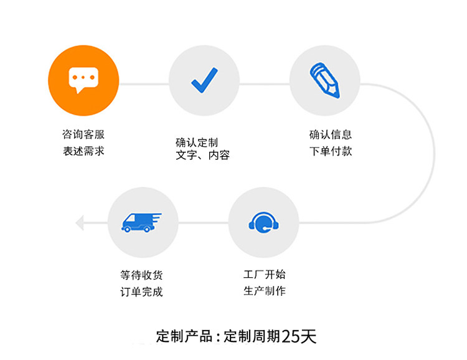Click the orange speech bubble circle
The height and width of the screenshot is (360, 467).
83,80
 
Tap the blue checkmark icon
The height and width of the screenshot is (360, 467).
204,80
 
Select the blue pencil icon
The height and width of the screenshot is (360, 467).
325,80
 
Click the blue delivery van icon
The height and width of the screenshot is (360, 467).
141,222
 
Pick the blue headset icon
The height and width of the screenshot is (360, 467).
263,222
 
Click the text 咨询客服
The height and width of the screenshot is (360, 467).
83,135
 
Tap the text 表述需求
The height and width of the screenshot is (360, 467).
83,151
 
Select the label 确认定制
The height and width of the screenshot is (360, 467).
197,143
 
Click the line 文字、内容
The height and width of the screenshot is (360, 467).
202,155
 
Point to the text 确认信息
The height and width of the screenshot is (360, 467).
331,135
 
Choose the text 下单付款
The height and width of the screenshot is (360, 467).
331,151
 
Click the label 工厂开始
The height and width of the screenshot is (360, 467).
265,274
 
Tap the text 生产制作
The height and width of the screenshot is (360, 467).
265,291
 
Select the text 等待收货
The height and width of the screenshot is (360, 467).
141,275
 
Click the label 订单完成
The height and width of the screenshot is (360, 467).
141,291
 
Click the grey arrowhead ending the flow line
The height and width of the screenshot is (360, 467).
80,222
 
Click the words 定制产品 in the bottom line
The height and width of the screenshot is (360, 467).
184,336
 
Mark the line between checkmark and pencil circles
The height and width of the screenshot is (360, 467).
265,83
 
